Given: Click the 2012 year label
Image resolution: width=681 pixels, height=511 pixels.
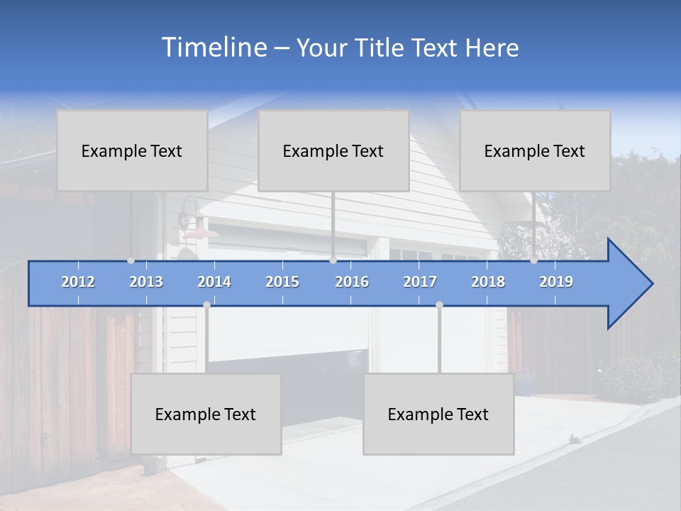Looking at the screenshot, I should [x=78, y=282].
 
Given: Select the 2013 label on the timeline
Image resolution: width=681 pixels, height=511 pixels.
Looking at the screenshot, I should [x=146, y=282].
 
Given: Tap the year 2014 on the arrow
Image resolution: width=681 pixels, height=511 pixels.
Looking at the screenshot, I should [x=214, y=282].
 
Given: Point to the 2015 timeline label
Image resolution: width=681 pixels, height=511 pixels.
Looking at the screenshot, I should [x=282, y=282].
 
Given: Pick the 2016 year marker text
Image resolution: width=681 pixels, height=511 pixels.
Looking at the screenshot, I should [x=352, y=282].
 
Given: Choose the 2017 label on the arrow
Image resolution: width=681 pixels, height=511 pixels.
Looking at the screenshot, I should [x=420, y=282].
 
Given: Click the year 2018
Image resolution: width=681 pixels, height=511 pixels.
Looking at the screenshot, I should [x=488, y=282].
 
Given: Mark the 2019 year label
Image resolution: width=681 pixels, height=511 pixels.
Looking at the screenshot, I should [x=556, y=282].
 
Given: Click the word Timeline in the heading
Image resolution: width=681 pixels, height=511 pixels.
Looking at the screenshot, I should [x=213, y=48].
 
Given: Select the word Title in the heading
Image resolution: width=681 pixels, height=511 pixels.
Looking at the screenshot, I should [x=382, y=48].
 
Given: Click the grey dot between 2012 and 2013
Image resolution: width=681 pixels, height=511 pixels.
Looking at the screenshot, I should [x=131, y=260].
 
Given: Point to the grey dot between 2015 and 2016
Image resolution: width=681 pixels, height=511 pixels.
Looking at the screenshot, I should [x=333, y=260].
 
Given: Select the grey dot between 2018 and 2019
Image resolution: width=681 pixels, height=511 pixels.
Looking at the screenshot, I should [x=533, y=260].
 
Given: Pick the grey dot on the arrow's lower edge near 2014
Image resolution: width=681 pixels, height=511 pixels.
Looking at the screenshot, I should [x=206, y=304].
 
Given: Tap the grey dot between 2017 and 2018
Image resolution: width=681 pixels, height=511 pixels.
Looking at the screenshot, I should [x=439, y=304].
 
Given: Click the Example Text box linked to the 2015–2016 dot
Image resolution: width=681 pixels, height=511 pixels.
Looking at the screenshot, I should [x=333, y=150].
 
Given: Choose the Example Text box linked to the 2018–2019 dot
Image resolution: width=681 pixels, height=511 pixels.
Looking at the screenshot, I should [x=535, y=150].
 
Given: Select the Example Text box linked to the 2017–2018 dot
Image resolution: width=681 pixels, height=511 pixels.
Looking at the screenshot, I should [x=438, y=414].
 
